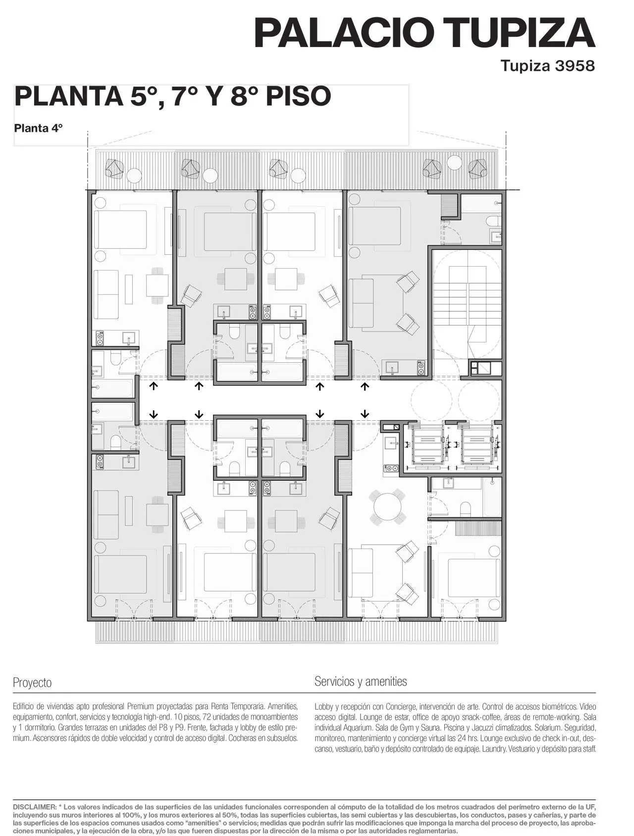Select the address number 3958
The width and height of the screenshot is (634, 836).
pos(575,66)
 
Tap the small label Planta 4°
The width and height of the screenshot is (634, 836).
pos(38,128)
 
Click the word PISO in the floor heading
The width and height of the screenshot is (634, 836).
pos(298,96)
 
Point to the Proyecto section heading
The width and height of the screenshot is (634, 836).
pos(32,683)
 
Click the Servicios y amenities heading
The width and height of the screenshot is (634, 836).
pos(361,681)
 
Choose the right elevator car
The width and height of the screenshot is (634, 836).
pos(478,444)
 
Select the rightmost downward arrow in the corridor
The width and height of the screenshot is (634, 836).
pos(366,413)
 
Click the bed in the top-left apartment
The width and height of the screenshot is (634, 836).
pos(120,229)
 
